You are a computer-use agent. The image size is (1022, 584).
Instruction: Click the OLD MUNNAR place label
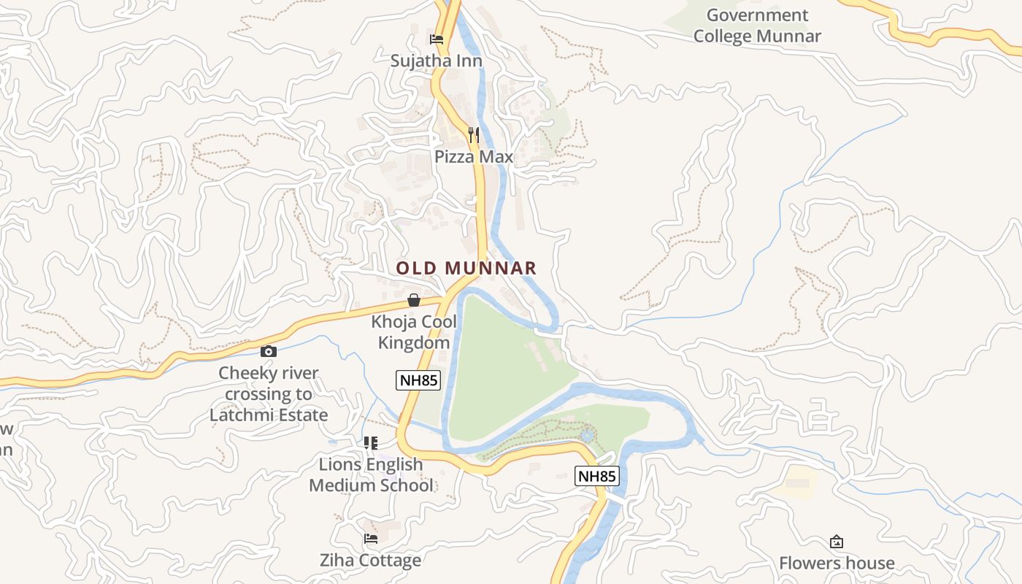tap(466, 268)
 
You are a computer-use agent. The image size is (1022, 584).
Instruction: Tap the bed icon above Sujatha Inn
tap(437, 39)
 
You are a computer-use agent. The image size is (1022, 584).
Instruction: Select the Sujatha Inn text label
tap(437, 61)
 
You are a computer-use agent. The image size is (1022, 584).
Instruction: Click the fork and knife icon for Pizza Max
tap(474, 135)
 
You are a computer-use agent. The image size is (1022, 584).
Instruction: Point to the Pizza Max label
tap(474, 157)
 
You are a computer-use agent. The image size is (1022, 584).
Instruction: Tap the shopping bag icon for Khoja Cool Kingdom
tap(414, 300)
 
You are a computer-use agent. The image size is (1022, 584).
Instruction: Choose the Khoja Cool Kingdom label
tap(414, 331)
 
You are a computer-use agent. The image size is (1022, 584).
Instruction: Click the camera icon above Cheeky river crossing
tap(268, 351)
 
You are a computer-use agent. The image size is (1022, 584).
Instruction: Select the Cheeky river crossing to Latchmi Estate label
tap(269, 394)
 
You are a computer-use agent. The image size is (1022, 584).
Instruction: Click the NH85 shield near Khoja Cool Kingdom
tap(418, 380)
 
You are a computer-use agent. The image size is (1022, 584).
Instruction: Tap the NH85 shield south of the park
tap(597, 476)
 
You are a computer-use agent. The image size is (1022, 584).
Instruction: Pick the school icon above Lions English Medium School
tap(371, 442)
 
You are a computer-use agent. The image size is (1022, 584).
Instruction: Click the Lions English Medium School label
tap(371, 474)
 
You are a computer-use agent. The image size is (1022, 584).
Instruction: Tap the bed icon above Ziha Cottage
tap(371, 539)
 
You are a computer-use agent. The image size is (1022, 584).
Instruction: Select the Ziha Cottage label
tap(371, 561)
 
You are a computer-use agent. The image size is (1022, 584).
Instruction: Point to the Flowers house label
tap(837, 563)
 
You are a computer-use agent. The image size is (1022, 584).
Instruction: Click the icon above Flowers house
tap(837, 542)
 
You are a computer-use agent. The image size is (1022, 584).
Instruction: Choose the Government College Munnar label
tap(757, 26)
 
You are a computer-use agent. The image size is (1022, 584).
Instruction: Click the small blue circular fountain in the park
tap(587, 436)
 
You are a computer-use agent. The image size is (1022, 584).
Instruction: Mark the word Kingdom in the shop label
tap(414, 342)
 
